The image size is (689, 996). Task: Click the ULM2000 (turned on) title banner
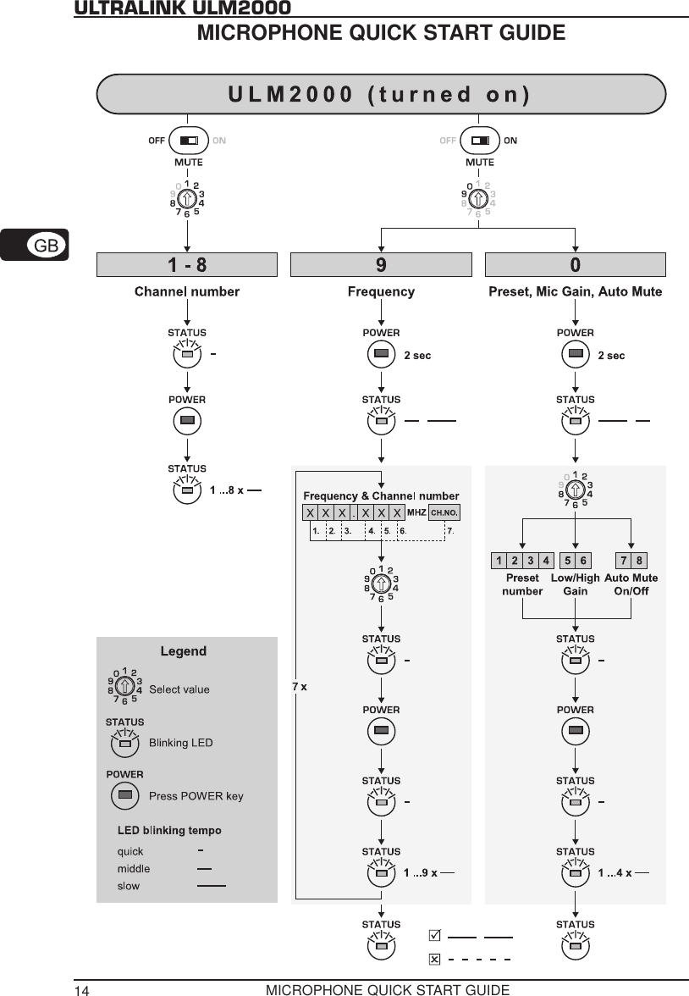(381, 94)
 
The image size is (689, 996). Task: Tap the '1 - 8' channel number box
(186, 265)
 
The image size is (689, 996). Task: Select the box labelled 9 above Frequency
(381, 265)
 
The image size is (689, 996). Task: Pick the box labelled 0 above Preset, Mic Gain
(575, 265)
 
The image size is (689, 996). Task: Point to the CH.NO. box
(444, 512)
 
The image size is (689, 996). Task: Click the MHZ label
(416, 512)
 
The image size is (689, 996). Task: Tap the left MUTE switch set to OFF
(187, 141)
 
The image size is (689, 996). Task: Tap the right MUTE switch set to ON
(479, 141)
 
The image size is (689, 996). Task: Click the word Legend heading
(184, 651)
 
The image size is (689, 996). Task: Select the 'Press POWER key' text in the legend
(196, 795)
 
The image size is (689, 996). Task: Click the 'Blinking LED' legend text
(180, 743)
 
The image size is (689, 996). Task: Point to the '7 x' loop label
(299, 687)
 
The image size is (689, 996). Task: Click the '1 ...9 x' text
(420, 872)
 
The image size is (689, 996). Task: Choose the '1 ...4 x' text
(615, 872)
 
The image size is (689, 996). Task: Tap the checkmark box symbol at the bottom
(434, 936)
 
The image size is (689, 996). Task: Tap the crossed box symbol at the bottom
(434, 959)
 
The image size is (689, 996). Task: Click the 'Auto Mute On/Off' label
(631, 584)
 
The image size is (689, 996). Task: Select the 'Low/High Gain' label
(575, 584)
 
